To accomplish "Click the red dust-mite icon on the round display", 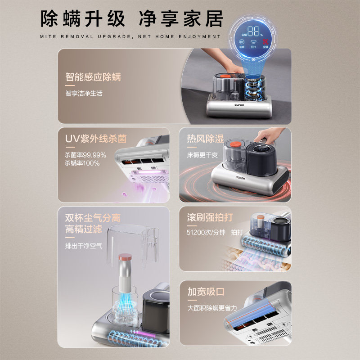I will [x=265, y=44].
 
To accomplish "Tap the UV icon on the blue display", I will [x=242, y=42].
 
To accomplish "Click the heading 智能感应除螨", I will [x=93, y=76].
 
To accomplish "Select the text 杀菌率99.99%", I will [x=85, y=155].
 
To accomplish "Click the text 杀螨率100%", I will [x=82, y=163].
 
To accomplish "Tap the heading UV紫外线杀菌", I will [x=95, y=139].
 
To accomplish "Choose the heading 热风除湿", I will [x=205, y=139].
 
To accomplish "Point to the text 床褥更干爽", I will [x=202, y=155].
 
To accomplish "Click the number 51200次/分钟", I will [x=206, y=232].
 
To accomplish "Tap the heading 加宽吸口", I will [x=206, y=292].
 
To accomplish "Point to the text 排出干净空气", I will [x=83, y=246].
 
